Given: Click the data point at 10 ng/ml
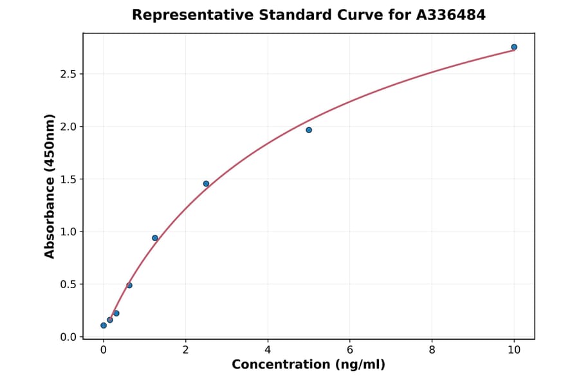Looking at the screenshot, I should [x=514, y=47].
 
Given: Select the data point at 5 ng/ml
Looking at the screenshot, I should [x=309, y=130].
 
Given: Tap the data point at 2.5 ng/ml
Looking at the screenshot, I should [x=206, y=183].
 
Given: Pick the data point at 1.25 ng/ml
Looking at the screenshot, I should [x=155, y=238].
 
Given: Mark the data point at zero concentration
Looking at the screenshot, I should [x=104, y=325].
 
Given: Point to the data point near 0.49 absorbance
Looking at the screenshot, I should [x=129, y=285].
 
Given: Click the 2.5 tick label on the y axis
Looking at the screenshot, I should [x=68, y=74].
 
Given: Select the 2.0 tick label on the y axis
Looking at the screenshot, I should [x=68, y=127].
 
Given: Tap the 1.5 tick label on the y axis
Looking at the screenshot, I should [x=68, y=179].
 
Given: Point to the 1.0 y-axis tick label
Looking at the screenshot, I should [x=68, y=232].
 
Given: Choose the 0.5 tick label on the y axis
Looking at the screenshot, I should [x=68, y=284].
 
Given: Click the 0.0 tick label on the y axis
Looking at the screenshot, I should [x=68, y=337].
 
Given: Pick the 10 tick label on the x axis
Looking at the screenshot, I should [x=514, y=350].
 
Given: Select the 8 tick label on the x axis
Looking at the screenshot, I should [x=432, y=350].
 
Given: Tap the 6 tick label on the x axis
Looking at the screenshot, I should [x=350, y=350].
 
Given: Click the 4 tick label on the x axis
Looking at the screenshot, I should [x=268, y=350].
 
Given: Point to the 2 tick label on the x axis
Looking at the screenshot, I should [x=185, y=350].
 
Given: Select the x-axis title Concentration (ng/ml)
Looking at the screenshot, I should [x=308, y=365].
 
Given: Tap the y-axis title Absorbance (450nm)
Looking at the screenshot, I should [x=50, y=186].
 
